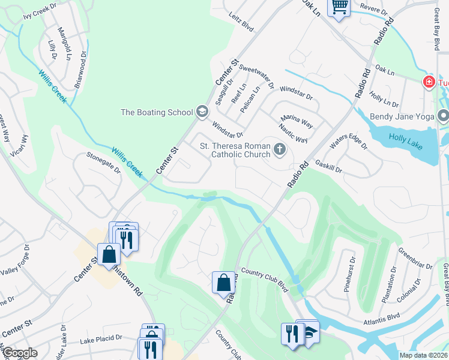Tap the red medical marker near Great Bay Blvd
click(429, 82)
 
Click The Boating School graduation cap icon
click(202, 112)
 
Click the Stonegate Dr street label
click(103, 163)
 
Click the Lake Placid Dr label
click(101, 341)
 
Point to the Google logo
click(20, 353)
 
